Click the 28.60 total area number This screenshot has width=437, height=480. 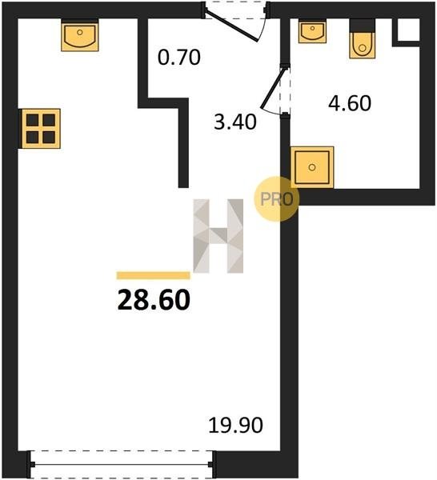[154, 300]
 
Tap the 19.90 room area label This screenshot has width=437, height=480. [235, 426]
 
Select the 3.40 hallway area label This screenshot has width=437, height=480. [235, 122]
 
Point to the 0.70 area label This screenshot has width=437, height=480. [179, 57]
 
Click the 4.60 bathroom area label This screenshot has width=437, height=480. [350, 103]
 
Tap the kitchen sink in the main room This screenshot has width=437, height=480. [79, 35]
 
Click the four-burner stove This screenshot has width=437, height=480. [41, 129]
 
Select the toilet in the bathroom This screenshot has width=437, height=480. [363, 38]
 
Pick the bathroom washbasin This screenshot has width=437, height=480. [312, 31]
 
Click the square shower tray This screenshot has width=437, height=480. [312, 167]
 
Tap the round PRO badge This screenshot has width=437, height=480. [277, 199]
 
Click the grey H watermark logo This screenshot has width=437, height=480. [218, 236]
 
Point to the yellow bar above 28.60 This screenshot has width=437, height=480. [153, 275]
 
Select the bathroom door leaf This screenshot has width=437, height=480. [274, 88]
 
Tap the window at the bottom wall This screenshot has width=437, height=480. [122, 464]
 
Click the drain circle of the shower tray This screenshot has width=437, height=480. [312, 167]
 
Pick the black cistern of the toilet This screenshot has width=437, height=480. [363, 26]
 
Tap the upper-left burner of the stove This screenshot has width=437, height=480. [33, 120]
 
